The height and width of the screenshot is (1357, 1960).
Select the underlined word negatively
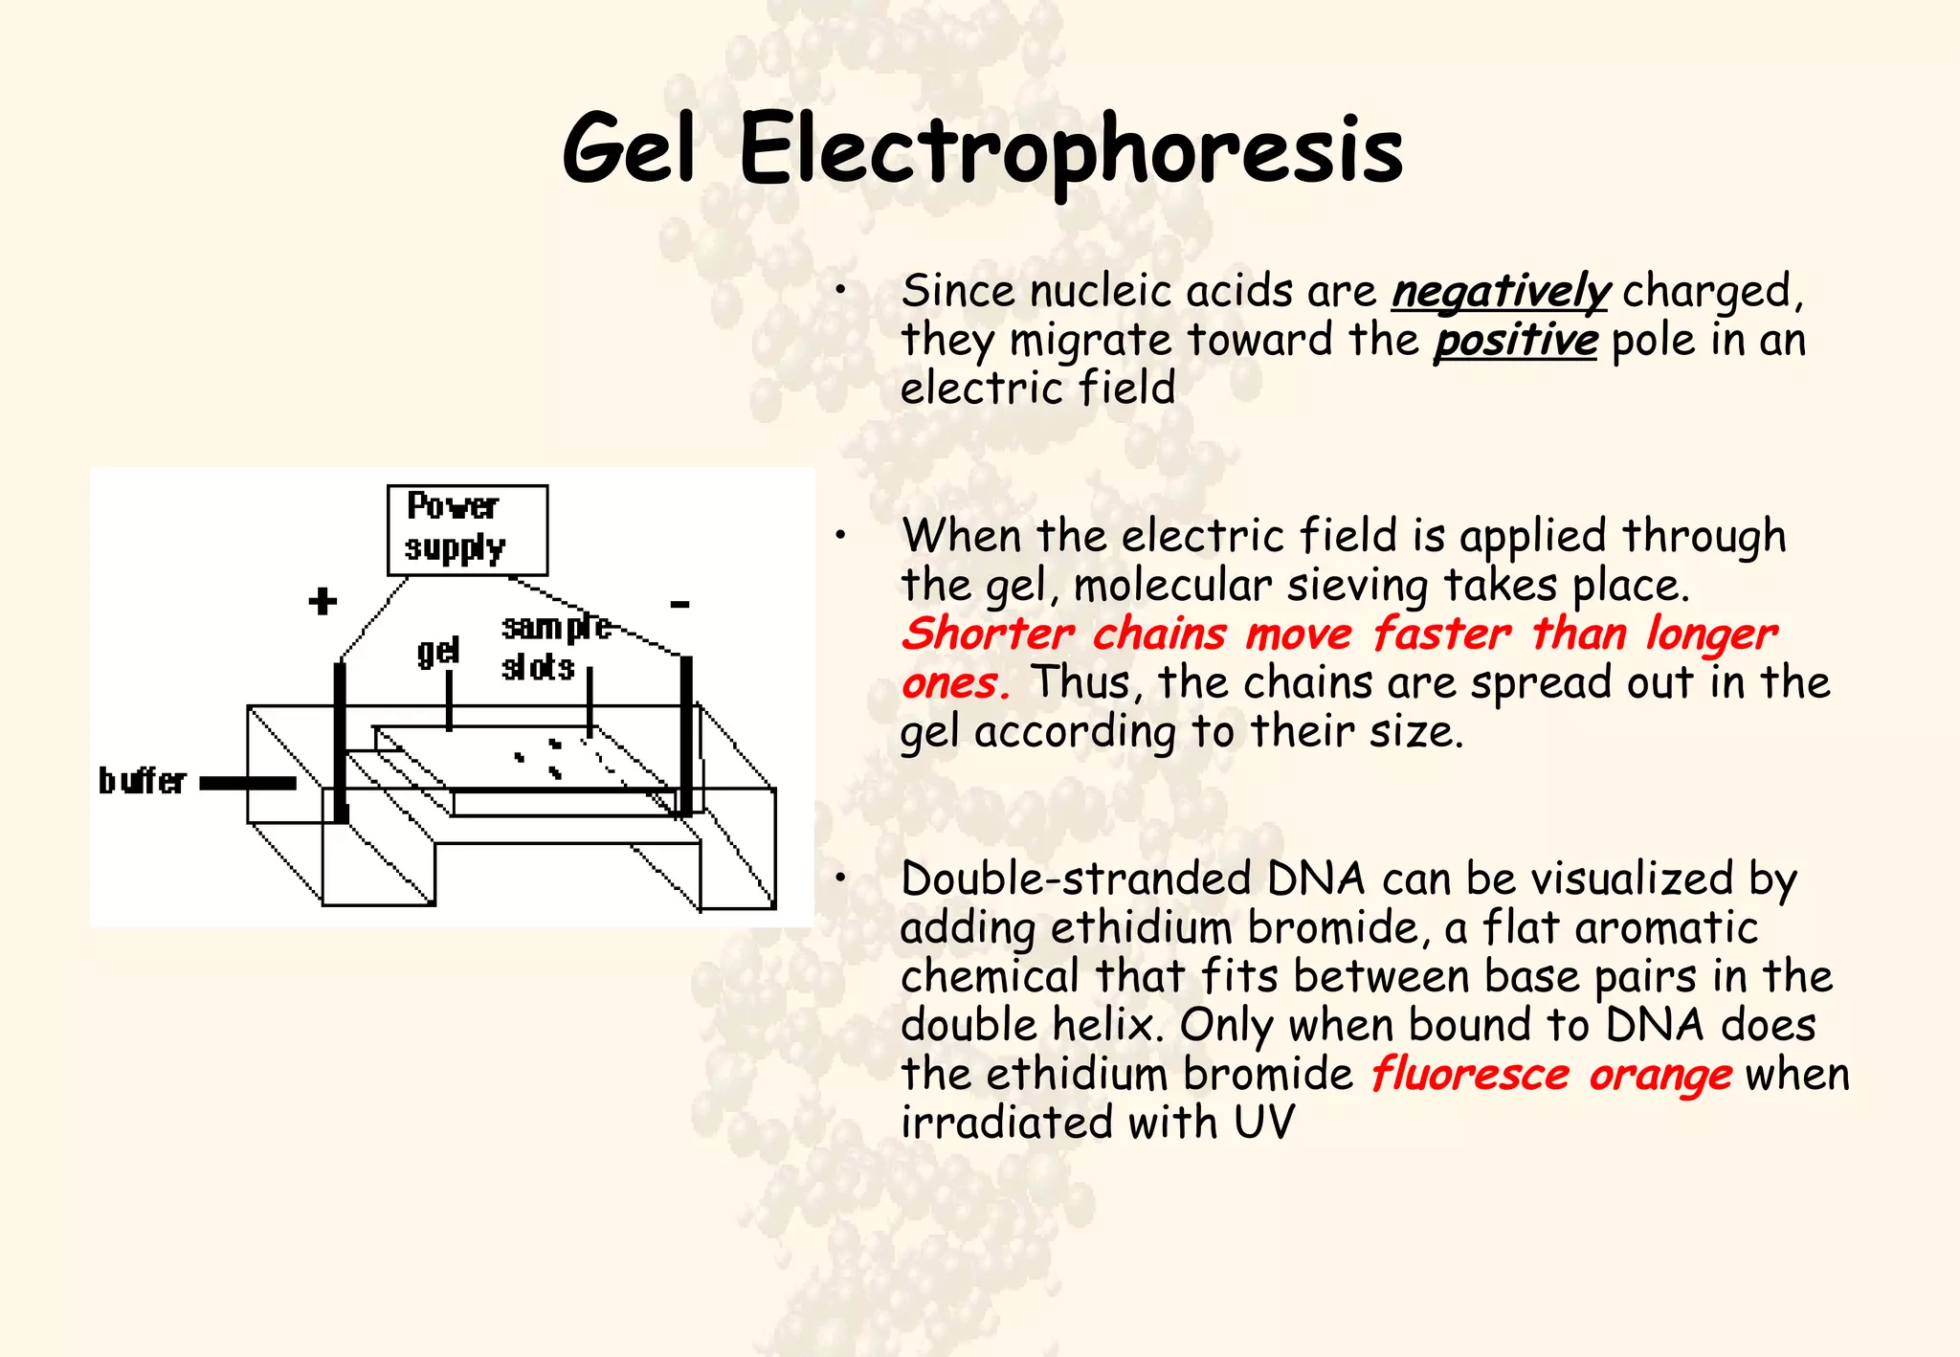[x=1501, y=291]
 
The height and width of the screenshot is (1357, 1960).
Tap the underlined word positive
[x=1515, y=341]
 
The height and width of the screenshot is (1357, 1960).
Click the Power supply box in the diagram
[x=467, y=529]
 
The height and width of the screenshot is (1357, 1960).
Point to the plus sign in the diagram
[x=323, y=601]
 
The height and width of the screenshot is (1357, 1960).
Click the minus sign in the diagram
[x=679, y=604]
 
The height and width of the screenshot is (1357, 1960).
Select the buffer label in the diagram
[x=143, y=781]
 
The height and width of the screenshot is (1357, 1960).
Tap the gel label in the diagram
[x=438, y=653]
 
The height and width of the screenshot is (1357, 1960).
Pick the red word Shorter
[x=988, y=634]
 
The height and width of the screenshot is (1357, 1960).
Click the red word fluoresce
[x=1470, y=1075]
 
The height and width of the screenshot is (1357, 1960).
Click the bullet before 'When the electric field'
[x=839, y=536]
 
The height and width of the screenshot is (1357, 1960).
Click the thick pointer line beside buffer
[x=248, y=784]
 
